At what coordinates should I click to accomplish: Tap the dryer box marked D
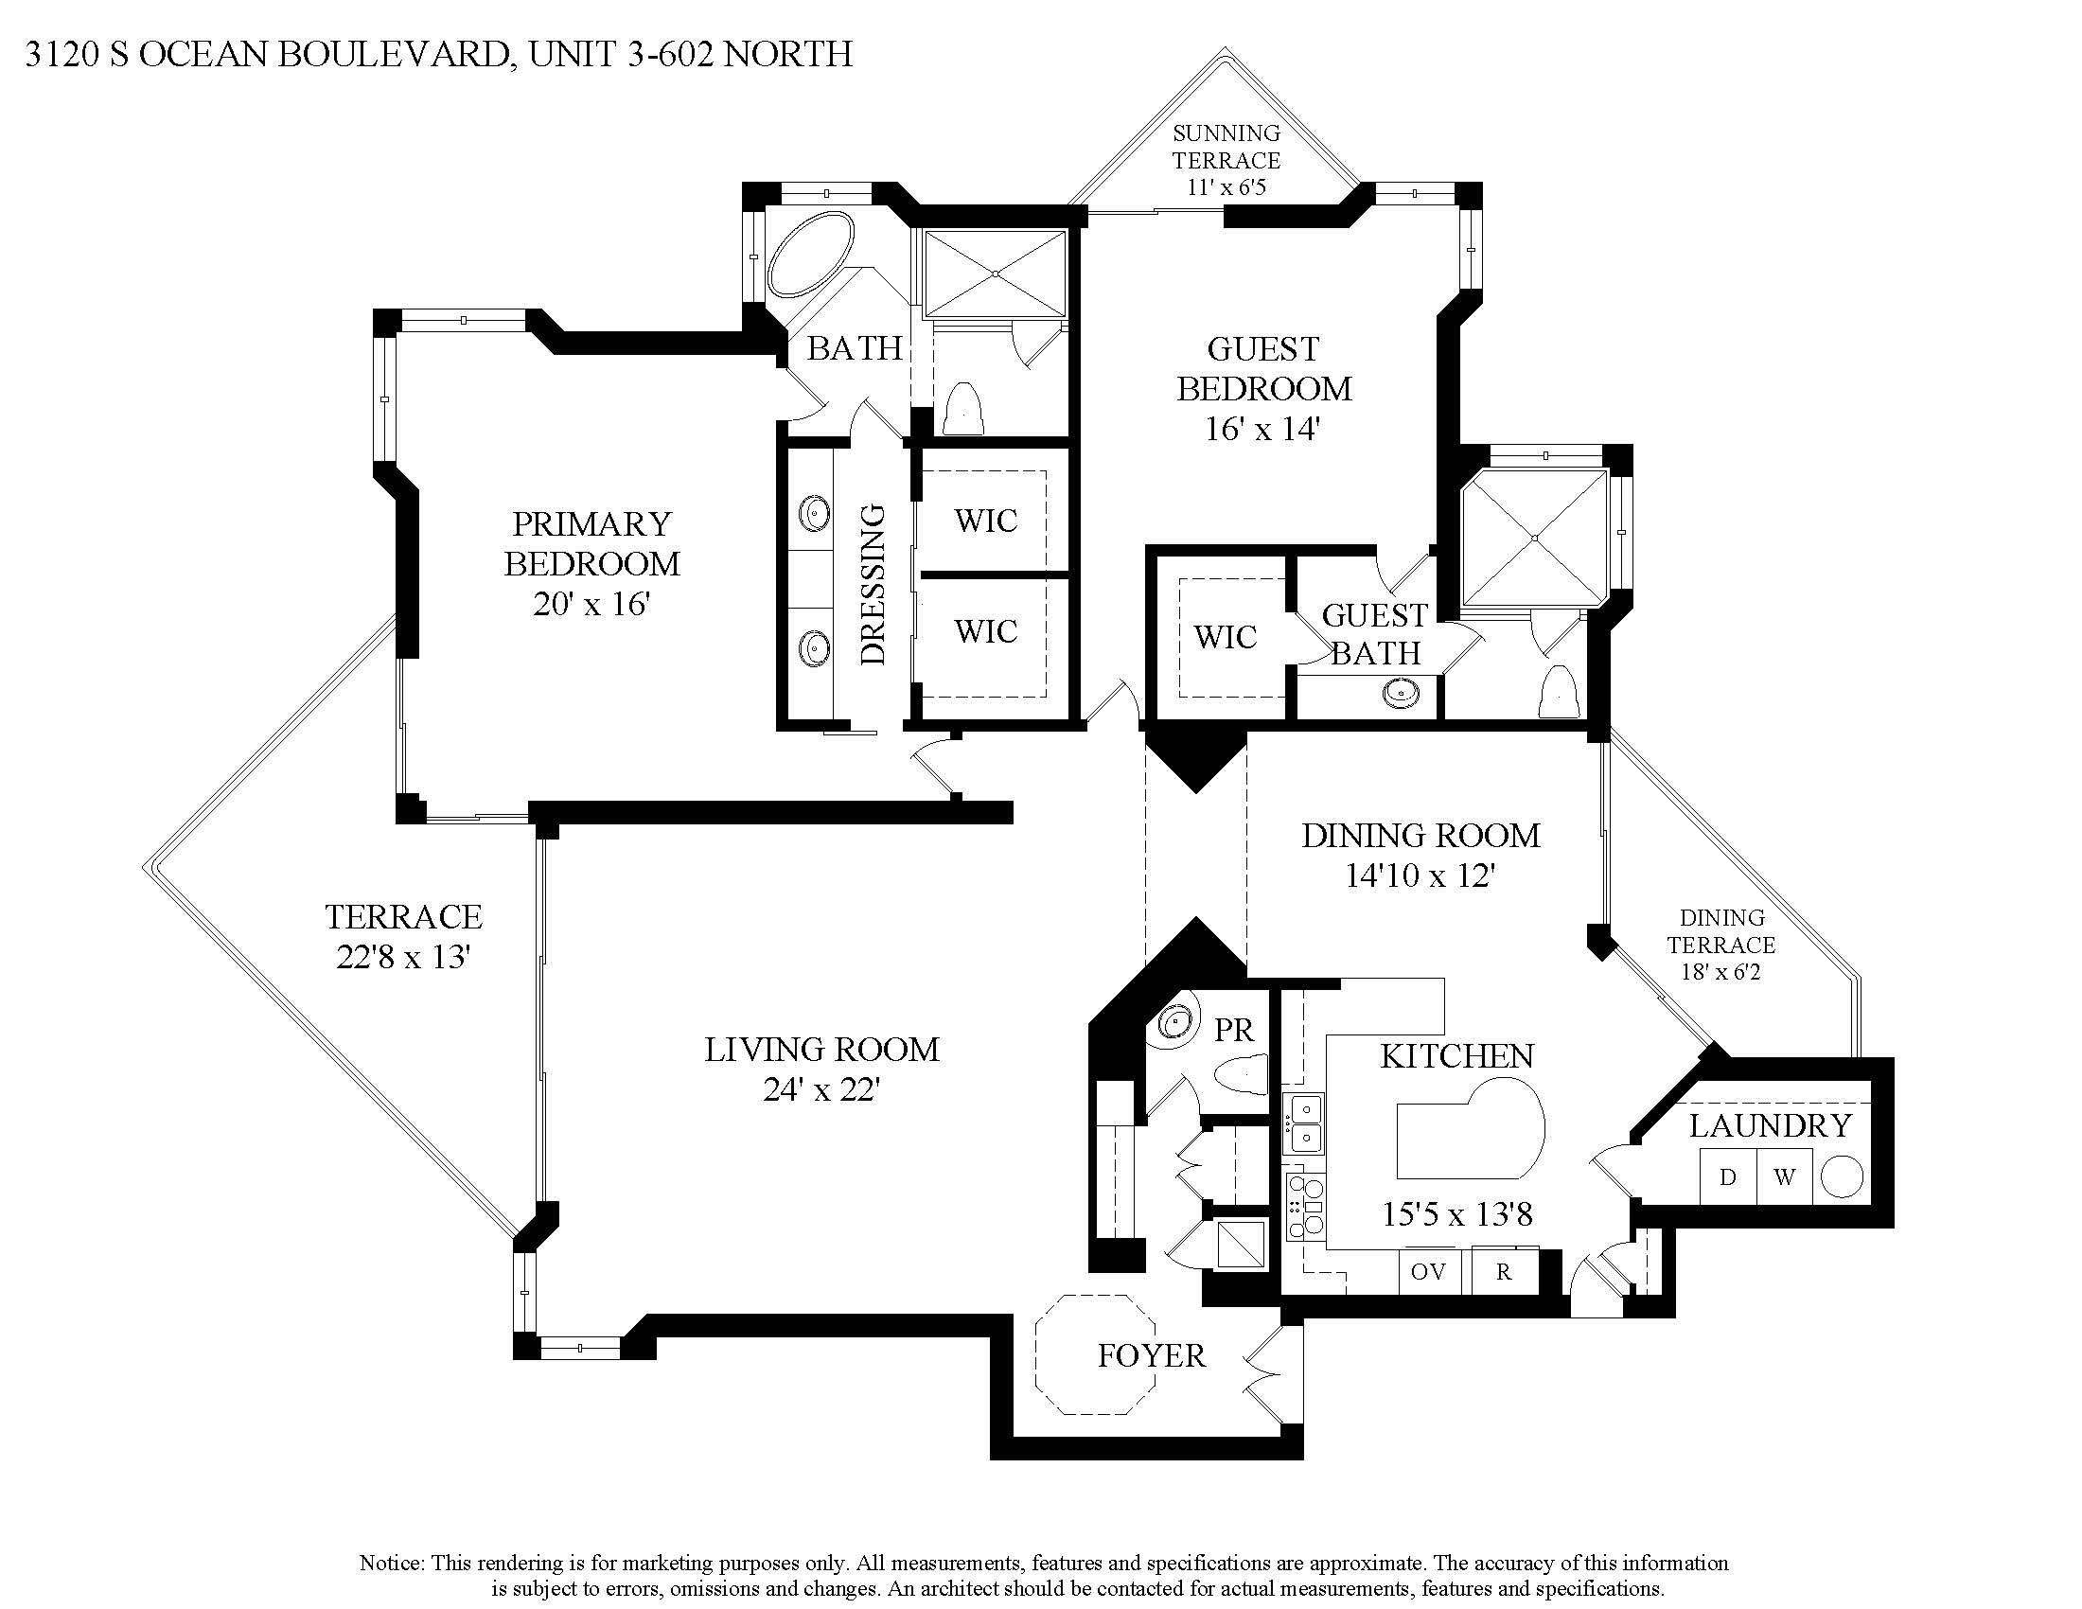[1727, 1177]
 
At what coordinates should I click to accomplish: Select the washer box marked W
[1784, 1177]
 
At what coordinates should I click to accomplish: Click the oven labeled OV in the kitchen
[1428, 1271]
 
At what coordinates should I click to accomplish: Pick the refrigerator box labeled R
[1504, 1271]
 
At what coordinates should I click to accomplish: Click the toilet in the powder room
[1243, 1075]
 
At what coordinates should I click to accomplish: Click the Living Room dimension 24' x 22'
[820, 1089]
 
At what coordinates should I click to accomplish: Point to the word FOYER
[1151, 1355]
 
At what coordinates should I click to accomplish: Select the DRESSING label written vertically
[873, 583]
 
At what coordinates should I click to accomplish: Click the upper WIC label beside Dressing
[986, 521]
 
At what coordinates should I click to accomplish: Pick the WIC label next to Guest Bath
[1225, 637]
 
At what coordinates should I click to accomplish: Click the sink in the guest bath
[1400, 691]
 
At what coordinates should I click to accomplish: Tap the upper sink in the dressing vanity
[814, 512]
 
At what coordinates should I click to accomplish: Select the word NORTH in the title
[789, 55]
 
